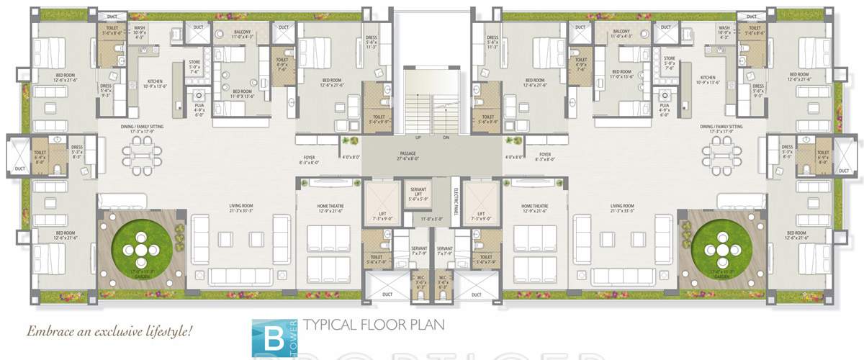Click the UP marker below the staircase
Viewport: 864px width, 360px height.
(418, 137)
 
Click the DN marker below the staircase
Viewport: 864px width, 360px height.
(446, 137)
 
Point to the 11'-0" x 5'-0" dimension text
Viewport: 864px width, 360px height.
(432, 217)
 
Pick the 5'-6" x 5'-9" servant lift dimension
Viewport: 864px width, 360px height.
(417, 199)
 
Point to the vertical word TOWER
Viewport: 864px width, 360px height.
(295, 330)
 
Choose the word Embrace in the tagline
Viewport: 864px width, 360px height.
(50, 332)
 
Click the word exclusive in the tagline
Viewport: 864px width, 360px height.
(116, 332)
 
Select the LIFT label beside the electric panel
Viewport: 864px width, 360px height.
(480, 213)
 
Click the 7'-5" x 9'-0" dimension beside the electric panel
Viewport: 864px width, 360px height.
(480, 218)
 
